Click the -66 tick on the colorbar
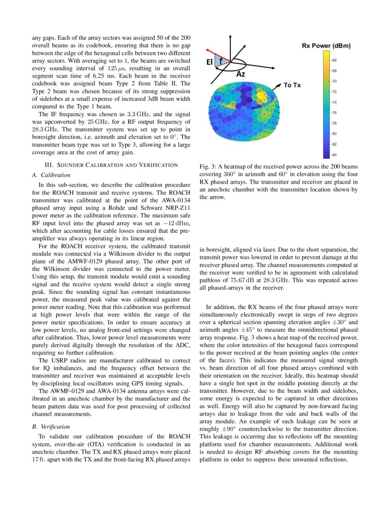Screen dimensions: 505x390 coord(334,60)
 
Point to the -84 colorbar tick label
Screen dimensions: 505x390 coord(334,155)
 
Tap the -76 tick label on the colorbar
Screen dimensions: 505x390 coord(334,112)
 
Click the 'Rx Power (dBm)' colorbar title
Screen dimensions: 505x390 coord(326,45)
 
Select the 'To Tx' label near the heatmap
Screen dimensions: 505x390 coord(292,85)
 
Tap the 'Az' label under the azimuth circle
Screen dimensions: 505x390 coord(240,74)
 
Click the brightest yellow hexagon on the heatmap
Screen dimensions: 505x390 coord(262,95)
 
